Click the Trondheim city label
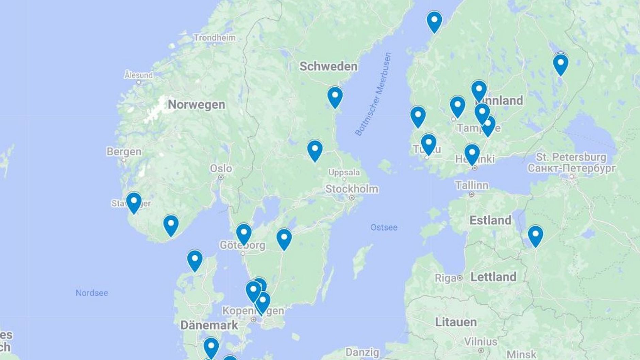214,38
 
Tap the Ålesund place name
138,75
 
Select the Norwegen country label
196,105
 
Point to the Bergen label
124,152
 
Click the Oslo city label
221,169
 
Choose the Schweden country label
328,66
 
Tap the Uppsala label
344,173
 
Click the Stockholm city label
352,189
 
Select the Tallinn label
472,186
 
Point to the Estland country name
490,220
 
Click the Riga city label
445,278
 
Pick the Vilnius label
481,342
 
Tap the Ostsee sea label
384,227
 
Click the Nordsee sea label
91,293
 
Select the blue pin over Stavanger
134,202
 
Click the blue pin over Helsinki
472,154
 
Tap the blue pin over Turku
428,144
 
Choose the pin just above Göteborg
244,234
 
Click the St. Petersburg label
571,157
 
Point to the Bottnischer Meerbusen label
373,94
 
